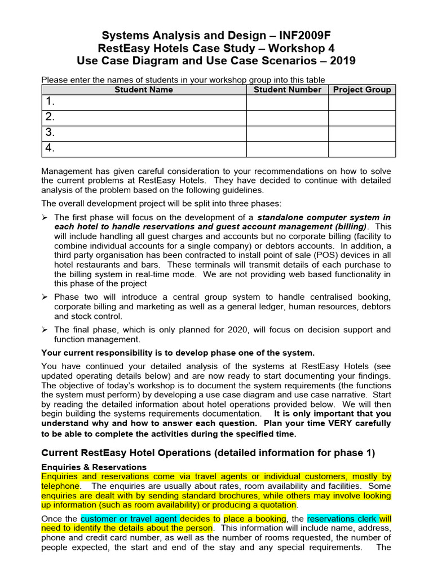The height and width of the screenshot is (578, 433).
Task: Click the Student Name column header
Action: click(144, 89)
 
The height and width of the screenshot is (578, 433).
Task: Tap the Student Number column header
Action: click(288, 89)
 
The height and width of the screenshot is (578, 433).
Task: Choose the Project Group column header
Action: click(362, 89)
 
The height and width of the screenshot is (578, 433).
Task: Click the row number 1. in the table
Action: click(51, 102)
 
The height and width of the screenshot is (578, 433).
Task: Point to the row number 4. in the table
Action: click(51, 148)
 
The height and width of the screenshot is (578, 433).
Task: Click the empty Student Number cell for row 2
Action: click(288, 117)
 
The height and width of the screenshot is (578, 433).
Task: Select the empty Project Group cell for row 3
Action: click(362, 133)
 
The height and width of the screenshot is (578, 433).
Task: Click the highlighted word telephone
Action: click(60, 485)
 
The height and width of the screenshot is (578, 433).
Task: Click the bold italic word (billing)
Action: click(348, 226)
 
